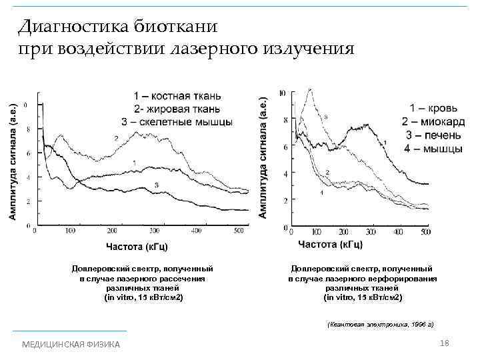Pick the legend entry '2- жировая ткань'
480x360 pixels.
177,109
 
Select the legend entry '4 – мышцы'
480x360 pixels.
433,149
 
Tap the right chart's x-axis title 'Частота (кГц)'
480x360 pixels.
330,245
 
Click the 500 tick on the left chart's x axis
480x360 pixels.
239,231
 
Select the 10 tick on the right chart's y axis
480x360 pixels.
283,93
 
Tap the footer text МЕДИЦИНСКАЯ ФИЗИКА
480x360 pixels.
71,344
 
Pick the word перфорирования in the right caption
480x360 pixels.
406,278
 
